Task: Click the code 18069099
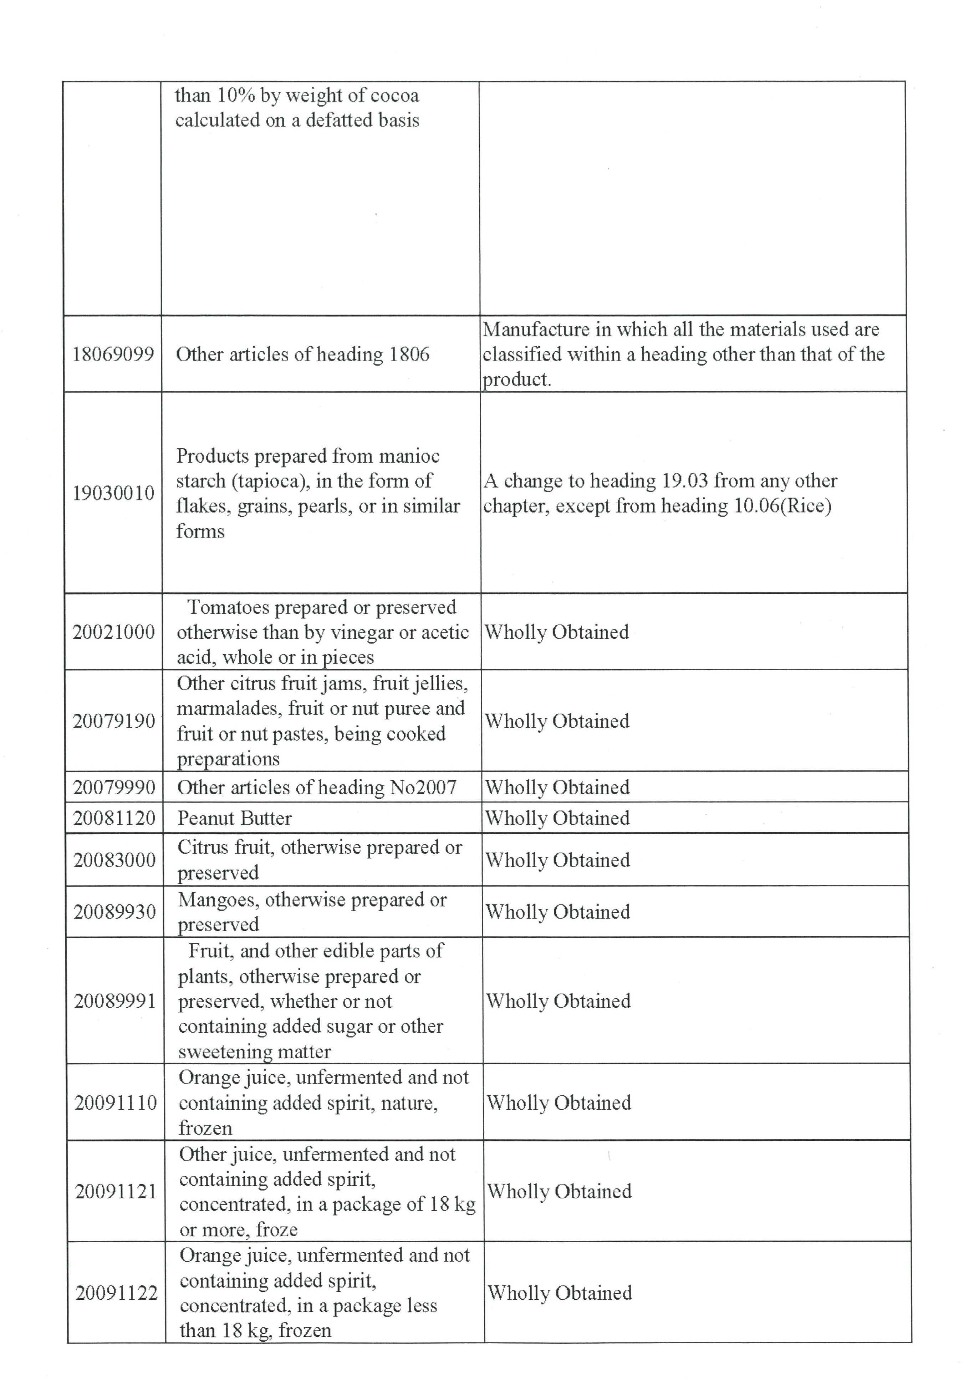[x=113, y=355]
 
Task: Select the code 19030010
[x=113, y=493]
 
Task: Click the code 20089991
[x=115, y=1001]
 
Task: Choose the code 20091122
[x=116, y=1293]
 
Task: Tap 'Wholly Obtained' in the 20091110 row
[x=559, y=1103]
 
